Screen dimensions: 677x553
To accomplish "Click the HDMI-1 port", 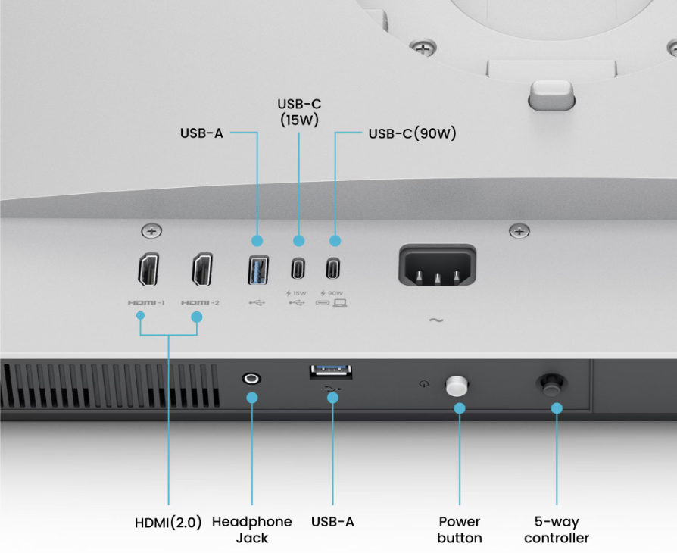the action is click(x=148, y=269).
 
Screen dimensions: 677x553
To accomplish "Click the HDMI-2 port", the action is click(x=202, y=269).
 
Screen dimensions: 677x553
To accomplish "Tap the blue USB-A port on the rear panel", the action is click(x=258, y=270).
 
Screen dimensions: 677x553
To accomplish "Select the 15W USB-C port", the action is click(x=298, y=268).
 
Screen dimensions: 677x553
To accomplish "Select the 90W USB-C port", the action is click(x=333, y=268).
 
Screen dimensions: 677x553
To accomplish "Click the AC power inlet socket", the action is click(x=437, y=265).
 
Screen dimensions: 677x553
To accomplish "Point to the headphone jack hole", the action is click(x=251, y=379).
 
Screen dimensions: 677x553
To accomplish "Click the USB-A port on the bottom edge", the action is click(x=331, y=372).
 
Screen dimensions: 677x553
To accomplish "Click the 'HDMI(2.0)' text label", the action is click(x=168, y=523).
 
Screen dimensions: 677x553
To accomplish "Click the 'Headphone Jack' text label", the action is click(x=251, y=530).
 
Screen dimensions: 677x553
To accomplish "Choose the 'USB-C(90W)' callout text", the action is click(x=412, y=133).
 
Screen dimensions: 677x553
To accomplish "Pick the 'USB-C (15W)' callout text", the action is click(x=299, y=112).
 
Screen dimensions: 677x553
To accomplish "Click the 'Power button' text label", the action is click(x=460, y=530).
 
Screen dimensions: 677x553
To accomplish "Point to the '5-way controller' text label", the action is click(x=557, y=530).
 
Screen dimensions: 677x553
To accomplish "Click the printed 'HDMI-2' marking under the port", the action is click(x=200, y=303).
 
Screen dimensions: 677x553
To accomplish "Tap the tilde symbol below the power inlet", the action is click(x=436, y=320).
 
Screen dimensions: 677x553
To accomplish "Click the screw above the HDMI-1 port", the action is click(x=151, y=231).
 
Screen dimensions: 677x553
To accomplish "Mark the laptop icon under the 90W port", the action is click(x=340, y=303).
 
